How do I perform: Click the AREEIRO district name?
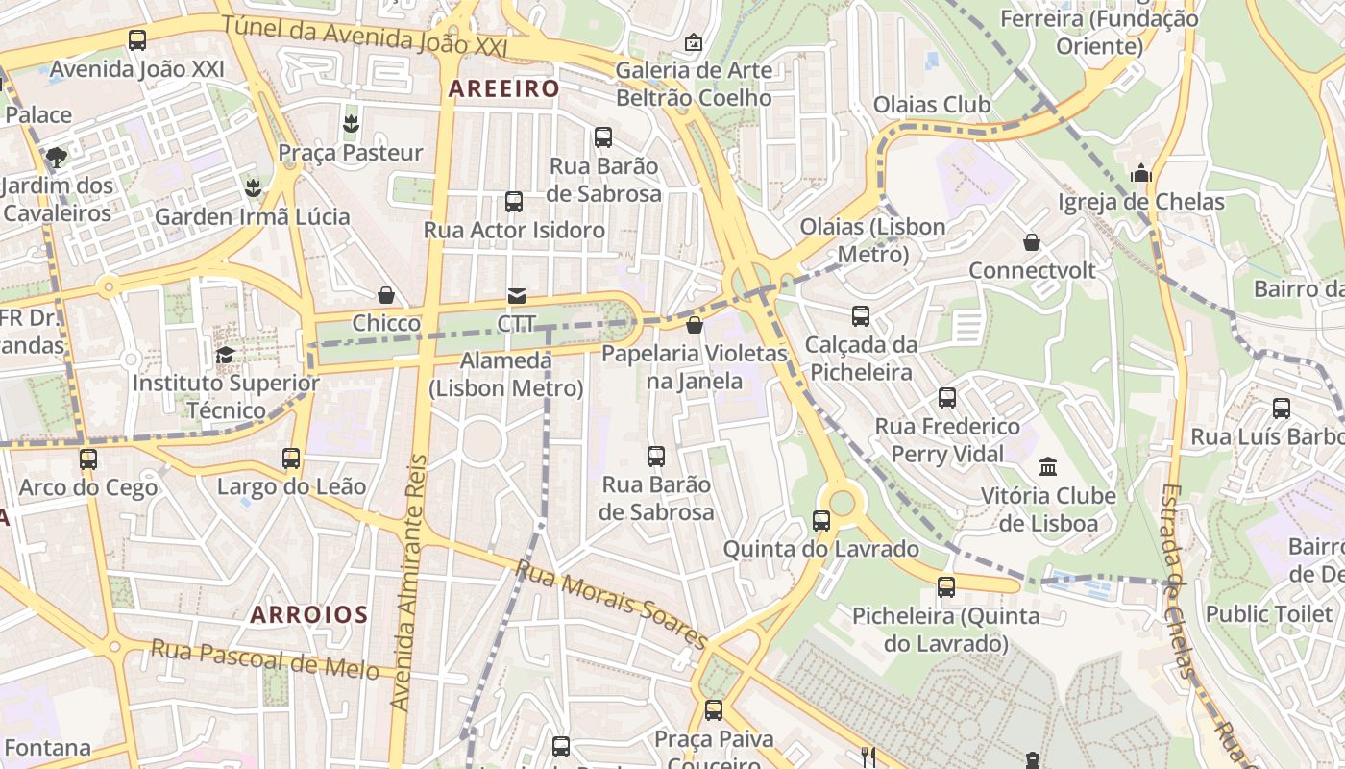coord(503,88)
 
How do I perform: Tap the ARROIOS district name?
coord(309,614)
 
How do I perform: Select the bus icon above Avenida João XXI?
coord(137,40)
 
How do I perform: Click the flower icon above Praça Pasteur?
coord(351,124)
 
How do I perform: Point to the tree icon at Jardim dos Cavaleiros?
coord(57,157)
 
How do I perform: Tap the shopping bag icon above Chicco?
coord(386,295)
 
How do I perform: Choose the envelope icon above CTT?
coord(517,295)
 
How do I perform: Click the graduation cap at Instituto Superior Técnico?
coord(226,355)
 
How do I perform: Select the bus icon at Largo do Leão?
coord(291,459)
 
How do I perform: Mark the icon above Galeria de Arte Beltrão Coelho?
coord(693,42)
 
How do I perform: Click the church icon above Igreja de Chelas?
coord(1141,173)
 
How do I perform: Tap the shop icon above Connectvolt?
coord(1032,242)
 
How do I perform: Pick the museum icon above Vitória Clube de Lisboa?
coord(1048,467)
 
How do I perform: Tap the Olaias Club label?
coord(931,104)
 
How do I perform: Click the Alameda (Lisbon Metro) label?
coord(506,375)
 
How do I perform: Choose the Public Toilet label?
coord(1268,613)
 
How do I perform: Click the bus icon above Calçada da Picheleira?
coord(861,316)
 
